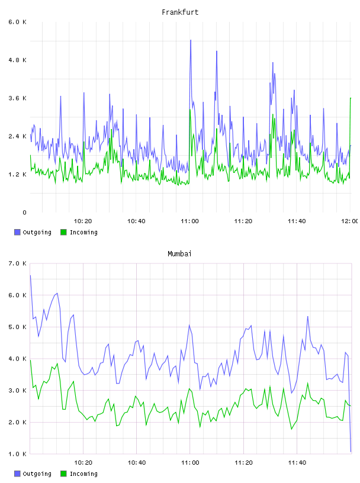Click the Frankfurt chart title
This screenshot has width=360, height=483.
(x=180, y=12)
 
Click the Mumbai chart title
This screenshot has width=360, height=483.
(x=179, y=254)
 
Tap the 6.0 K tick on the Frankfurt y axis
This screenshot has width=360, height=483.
(x=18, y=22)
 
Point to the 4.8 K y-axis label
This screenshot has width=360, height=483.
(x=18, y=60)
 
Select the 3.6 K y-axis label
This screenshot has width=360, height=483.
(x=18, y=98)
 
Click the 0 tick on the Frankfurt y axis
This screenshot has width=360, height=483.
(x=24, y=212)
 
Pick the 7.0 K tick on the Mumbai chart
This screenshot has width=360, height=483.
(x=18, y=263)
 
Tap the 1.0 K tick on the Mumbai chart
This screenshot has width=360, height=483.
(x=18, y=454)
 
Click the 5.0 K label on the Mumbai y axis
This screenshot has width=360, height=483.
(x=18, y=327)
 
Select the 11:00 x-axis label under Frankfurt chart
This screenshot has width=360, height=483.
(x=190, y=221)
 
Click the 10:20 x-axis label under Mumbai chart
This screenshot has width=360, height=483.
(x=83, y=463)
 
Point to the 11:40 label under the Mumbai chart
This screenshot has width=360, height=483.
(x=297, y=463)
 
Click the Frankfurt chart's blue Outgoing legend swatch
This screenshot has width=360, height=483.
(x=17, y=232)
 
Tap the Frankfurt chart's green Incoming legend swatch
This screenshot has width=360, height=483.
(x=63, y=232)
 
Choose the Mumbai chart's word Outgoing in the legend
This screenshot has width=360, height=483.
(x=37, y=474)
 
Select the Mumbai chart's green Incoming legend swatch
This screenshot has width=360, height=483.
(x=63, y=474)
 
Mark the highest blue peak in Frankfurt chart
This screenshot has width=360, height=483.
(x=191, y=40)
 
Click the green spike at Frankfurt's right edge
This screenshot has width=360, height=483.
(x=351, y=98)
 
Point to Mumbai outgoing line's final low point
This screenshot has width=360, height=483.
(x=351, y=452)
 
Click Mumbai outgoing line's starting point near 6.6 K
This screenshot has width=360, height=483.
(x=30, y=275)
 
